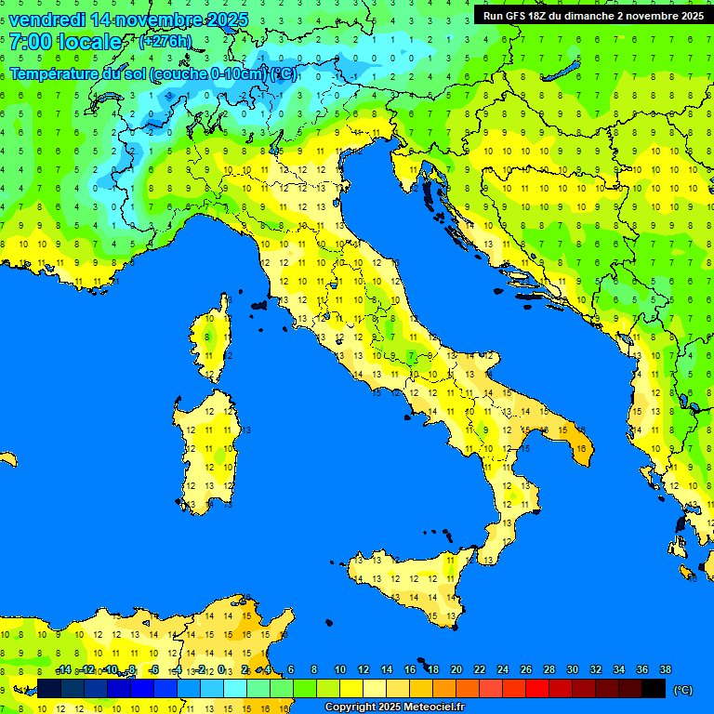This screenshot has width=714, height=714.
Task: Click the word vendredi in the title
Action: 46,20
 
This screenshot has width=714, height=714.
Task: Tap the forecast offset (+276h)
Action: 165,41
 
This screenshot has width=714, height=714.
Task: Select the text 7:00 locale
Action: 65,42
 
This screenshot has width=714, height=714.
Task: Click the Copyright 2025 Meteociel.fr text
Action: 394,707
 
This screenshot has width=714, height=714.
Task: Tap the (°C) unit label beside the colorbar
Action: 682,689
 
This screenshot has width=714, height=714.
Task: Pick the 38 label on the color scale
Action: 665,670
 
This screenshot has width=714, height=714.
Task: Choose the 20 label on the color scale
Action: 456,670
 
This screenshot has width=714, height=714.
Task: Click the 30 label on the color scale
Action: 572,670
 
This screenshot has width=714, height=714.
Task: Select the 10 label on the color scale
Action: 339,670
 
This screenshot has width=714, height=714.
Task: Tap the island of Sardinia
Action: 212,451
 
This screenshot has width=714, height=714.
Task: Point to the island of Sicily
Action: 409,586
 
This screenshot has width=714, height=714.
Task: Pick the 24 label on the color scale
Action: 502,670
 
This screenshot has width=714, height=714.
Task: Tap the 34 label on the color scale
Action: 618,670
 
